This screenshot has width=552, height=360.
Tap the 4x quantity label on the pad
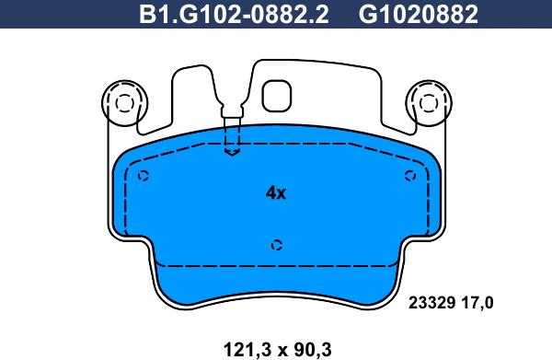(276, 193)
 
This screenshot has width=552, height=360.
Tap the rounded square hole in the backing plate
(276, 95)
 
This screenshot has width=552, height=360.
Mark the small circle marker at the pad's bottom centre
(276, 244)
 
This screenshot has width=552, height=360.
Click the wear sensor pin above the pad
(233, 120)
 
